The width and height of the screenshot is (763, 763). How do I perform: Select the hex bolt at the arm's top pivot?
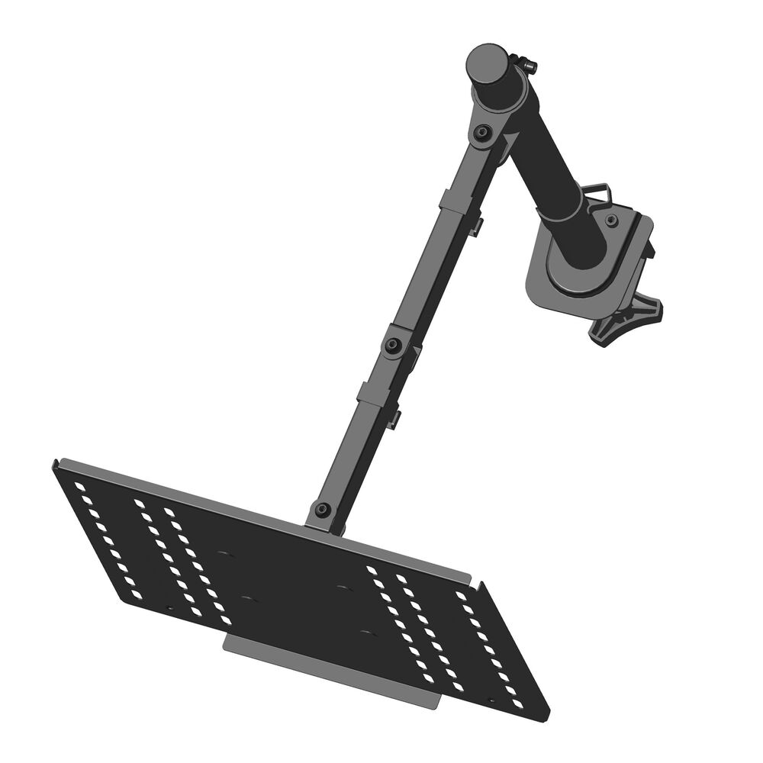(481, 134)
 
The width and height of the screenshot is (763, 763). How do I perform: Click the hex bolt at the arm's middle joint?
(394, 346)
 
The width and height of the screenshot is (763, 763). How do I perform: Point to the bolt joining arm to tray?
(323, 509)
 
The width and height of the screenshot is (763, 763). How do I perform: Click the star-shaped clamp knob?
(627, 319)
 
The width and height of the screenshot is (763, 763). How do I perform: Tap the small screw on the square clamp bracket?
(611, 221)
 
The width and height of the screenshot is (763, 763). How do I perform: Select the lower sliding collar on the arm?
(373, 395)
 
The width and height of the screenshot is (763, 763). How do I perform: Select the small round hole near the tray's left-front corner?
(169, 609)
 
